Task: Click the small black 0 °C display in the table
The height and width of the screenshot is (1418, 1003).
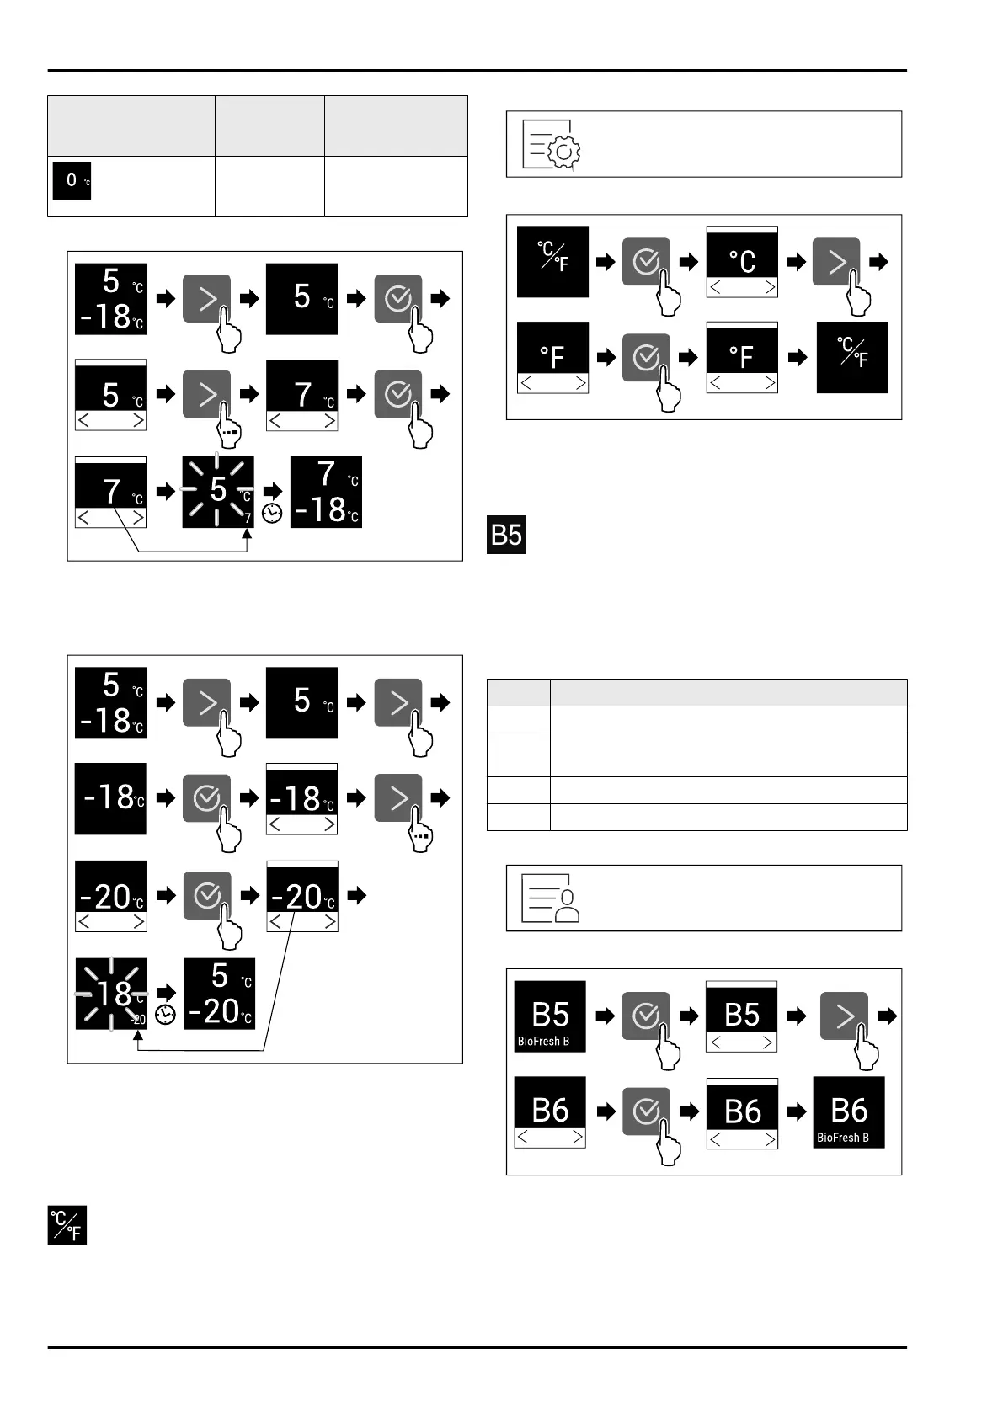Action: pos(72,181)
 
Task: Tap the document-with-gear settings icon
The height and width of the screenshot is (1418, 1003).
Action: pos(552,144)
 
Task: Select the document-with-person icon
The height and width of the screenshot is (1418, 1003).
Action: pos(552,898)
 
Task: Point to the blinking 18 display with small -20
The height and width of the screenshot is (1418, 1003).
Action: pos(111,994)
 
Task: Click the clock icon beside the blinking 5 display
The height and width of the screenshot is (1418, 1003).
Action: pos(272,513)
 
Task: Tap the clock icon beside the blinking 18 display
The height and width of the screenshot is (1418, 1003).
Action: pos(165,1015)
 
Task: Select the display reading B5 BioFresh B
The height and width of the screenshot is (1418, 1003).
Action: pos(550,1016)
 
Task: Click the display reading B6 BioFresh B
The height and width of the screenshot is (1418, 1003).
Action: pos(848,1112)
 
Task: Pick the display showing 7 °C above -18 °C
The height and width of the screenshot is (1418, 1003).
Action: pos(326,493)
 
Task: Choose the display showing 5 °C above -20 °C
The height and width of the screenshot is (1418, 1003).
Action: pos(219,994)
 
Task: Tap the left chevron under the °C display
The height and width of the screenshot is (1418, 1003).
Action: pos(715,288)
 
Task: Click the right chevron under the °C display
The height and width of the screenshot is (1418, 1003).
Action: pos(768,288)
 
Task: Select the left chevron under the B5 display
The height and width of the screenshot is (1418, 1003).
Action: pos(715,1042)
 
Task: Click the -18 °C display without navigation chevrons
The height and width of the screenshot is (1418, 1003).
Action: pos(110,798)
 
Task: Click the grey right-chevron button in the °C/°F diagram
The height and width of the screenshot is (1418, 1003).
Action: pos(836,262)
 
